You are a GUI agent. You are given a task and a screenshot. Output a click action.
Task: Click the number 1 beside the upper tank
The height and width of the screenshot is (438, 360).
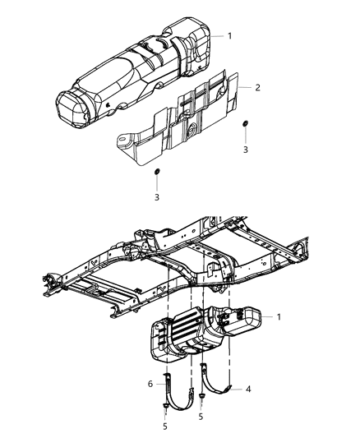(230, 35)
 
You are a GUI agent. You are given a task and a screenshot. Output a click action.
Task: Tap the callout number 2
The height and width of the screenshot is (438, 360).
(256, 86)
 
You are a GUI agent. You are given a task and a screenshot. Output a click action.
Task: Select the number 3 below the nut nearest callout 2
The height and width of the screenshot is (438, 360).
(245, 150)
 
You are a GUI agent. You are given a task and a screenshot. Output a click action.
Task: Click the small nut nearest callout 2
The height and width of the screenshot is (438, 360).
(245, 124)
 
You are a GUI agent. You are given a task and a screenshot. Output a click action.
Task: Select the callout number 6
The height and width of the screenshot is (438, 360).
(150, 384)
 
